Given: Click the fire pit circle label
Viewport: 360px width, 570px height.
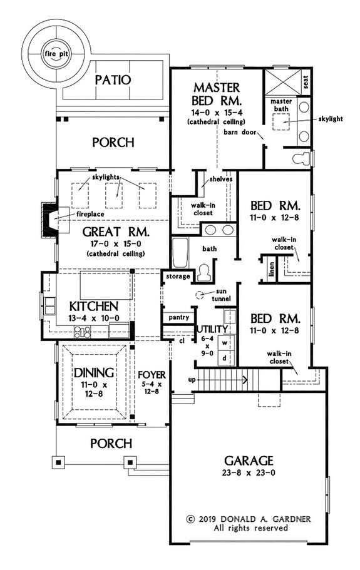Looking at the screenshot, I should pyautogui.click(x=54, y=54).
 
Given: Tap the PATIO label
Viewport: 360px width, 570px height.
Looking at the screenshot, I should pyautogui.click(x=113, y=80).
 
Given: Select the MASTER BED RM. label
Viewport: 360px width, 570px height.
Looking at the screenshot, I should pyautogui.click(x=217, y=93).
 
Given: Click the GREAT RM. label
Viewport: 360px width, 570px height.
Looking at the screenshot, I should pyautogui.click(x=115, y=232).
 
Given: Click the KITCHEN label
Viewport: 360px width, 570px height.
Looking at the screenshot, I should pyautogui.click(x=93, y=307).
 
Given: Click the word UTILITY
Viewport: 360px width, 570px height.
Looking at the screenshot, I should pyautogui.click(x=211, y=329).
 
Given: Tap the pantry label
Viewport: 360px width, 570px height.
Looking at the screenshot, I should pyautogui.click(x=178, y=318).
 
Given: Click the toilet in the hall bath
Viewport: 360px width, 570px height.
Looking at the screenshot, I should pyautogui.click(x=203, y=274).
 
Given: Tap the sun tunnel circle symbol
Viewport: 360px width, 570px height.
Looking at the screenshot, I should pyautogui.click(x=198, y=295).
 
